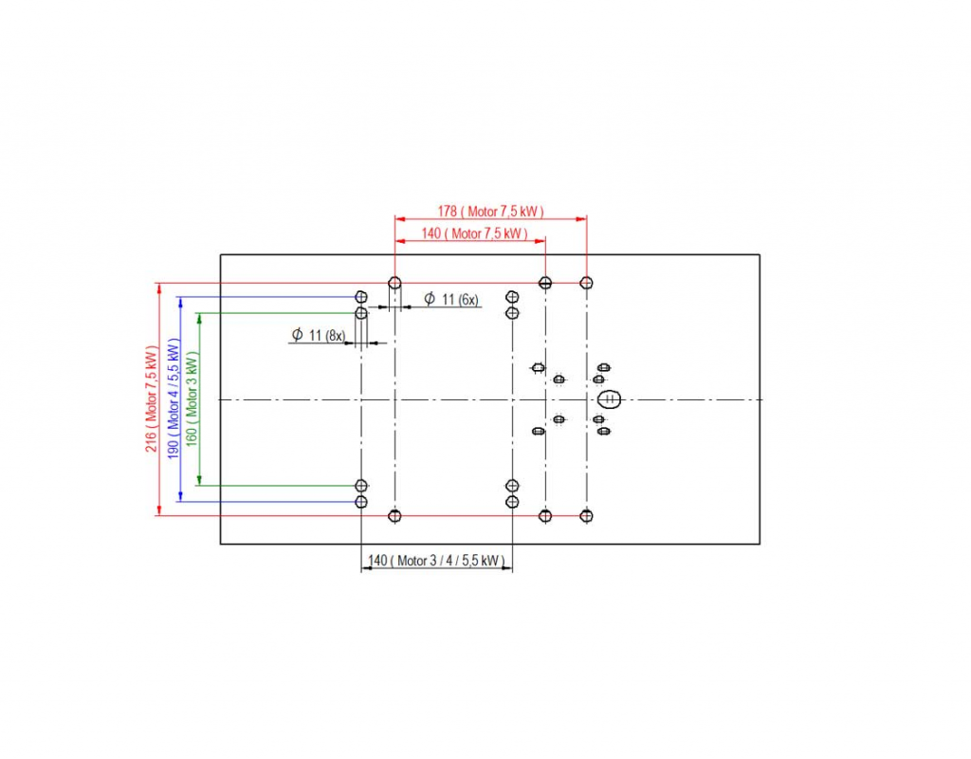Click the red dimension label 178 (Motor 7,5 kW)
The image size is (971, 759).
[490, 211]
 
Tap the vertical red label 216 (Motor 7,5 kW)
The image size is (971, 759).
[151, 399]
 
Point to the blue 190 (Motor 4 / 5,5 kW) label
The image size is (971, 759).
[174, 399]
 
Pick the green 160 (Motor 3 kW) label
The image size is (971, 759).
[192, 399]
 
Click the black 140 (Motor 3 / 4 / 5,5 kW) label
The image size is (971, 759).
[435, 561]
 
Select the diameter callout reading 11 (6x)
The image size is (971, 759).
[451, 300]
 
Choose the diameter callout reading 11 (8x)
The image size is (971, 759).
[319, 335]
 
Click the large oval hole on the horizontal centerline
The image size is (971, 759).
[610, 398]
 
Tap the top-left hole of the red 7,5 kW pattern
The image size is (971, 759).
[395, 283]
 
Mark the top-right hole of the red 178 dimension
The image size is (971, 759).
[587, 283]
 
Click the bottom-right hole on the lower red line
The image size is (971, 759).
[587, 515]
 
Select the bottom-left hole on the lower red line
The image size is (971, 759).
[395, 515]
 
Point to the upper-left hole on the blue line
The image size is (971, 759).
[361, 297]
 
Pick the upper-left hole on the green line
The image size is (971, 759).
[361, 313]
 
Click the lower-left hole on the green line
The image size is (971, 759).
[361, 486]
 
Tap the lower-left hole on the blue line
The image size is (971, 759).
[361, 501]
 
